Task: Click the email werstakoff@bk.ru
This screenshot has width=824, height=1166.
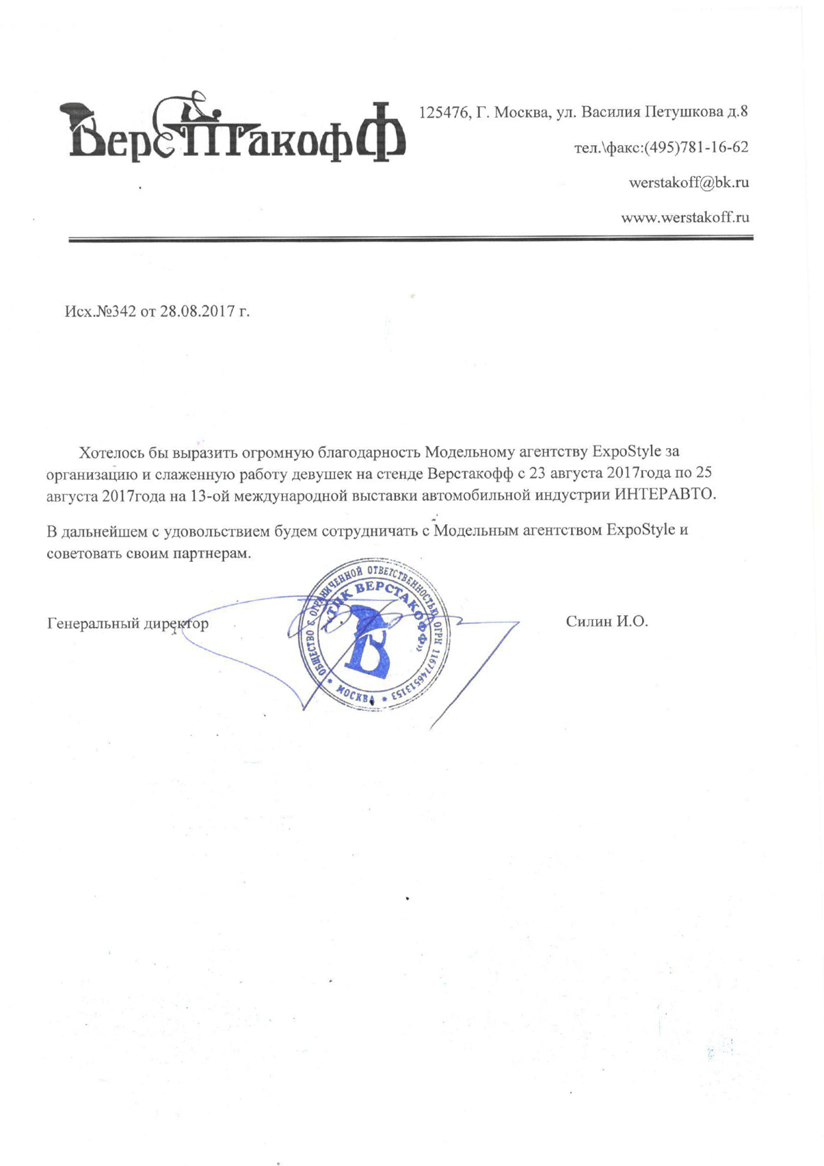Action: point(689,183)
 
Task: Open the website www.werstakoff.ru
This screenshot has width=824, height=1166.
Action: point(685,218)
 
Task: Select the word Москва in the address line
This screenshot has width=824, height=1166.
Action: point(520,112)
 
